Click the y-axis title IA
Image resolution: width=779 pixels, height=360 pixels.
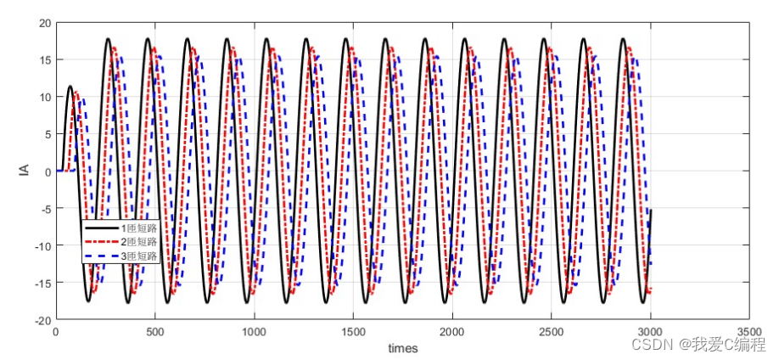[24, 171]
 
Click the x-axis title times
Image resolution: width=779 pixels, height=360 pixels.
[403, 348]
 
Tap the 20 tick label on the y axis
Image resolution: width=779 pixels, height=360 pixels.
[44, 22]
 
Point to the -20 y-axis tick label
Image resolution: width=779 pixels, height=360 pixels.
[42, 320]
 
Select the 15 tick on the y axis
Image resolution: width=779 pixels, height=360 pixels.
[44, 59]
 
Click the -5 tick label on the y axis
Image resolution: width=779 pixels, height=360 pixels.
[44, 208]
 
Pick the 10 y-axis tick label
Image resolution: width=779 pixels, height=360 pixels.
[44, 97]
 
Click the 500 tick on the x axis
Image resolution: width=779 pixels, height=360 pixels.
[154, 332]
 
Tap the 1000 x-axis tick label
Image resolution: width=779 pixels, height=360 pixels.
[254, 332]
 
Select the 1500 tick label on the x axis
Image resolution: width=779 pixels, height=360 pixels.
[353, 332]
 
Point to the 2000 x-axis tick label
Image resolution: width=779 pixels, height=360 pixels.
[452, 332]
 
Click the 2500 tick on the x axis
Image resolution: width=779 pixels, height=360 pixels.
[552, 332]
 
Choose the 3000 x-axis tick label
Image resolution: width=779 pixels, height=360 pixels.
[651, 332]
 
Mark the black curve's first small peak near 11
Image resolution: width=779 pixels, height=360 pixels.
[70, 87]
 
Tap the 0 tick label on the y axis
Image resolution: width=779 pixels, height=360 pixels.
[48, 171]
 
